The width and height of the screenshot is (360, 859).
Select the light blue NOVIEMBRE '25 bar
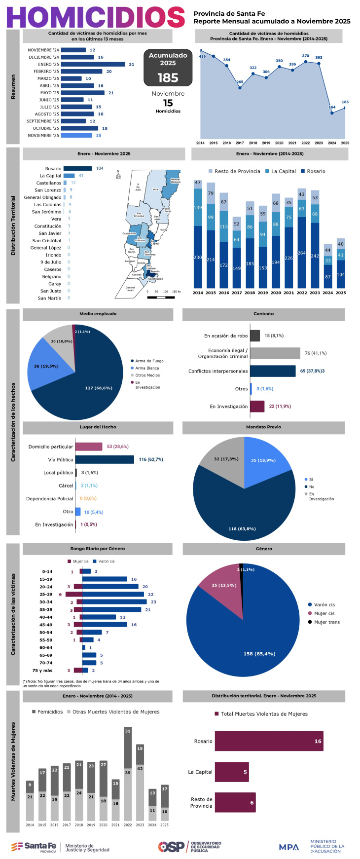pyautogui.click(x=76, y=135)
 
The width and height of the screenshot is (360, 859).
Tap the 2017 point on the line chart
pyautogui.click(x=240, y=88)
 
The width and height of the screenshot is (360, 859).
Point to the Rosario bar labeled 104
pyautogui.click(x=77, y=168)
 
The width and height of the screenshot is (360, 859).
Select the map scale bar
pyautogui.click(x=161, y=298)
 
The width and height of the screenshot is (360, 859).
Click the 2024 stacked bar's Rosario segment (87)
pyautogui.click(x=328, y=276)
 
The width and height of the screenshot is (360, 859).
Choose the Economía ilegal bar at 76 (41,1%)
pyautogui.click(x=275, y=353)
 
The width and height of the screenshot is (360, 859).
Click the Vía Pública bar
pyautogui.click(x=105, y=459)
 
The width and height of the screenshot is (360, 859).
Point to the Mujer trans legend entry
pyautogui.click(x=324, y=622)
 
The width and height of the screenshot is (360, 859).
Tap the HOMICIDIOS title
pyautogui.click(x=96, y=17)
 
